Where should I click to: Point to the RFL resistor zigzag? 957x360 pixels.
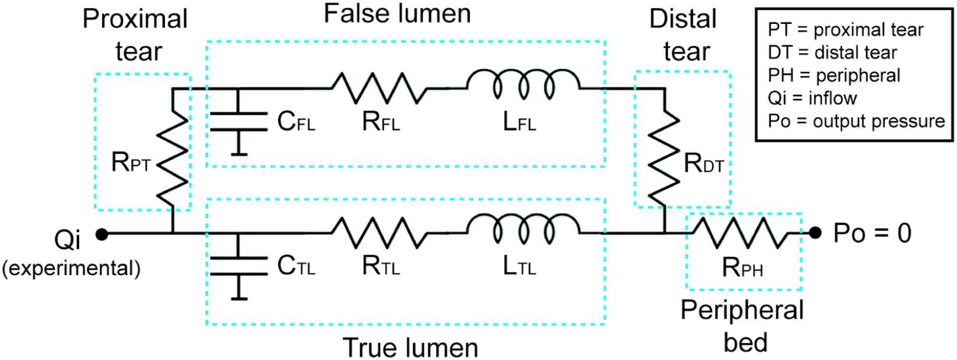click(379, 88)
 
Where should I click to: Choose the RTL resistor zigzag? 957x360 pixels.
click(379, 233)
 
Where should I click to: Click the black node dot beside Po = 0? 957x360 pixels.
click(815, 234)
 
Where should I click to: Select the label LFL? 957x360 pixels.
click(519, 123)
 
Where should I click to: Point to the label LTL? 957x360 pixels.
click(519, 267)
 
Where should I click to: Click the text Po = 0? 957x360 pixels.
click(871, 234)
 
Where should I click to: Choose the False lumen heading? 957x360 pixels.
click(397, 15)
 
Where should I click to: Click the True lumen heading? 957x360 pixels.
click(410, 347)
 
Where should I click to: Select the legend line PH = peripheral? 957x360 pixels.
click(834, 75)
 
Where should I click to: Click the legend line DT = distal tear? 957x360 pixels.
click(832, 52)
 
